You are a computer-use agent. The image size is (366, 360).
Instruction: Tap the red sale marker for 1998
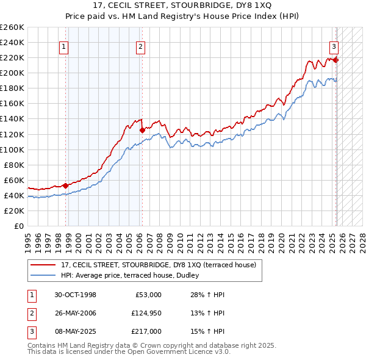pos(65,185)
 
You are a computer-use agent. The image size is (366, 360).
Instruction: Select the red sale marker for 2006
pos(142,130)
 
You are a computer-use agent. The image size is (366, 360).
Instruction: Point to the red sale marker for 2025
pos(335,59)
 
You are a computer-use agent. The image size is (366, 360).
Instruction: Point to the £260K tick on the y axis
pos(12,27)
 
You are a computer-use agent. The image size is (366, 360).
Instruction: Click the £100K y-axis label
pos(12,149)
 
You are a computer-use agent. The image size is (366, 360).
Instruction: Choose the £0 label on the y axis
pos(18,226)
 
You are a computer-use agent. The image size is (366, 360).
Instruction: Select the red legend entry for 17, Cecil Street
pos(162,265)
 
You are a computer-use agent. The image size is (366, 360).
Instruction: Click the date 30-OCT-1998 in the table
pos(75,295)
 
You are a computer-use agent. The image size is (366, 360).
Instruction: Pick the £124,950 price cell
pos(145,313)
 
